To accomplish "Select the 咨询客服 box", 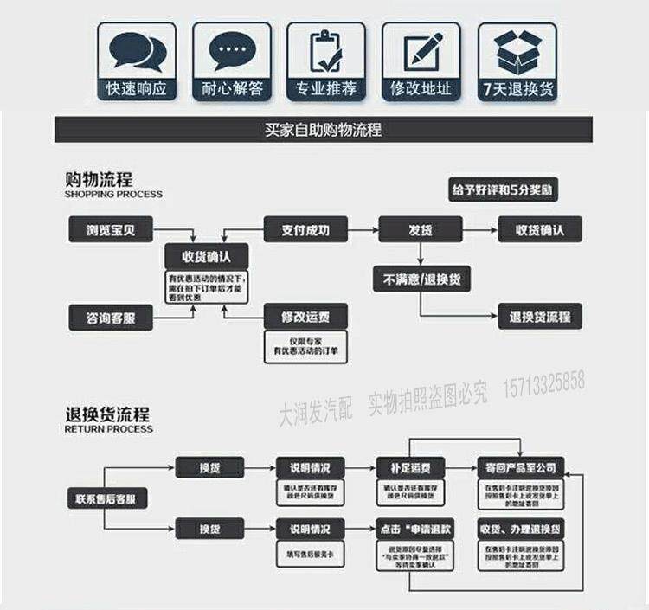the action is click(x=110, y=318).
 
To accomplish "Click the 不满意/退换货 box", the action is click(x=421, y=279).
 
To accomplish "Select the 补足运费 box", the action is click(x=410, y=467).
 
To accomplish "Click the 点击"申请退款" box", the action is click(x=410, y=529).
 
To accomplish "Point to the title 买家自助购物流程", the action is click(x=324, y=131).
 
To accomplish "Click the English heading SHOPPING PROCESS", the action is click(x=113, y=195).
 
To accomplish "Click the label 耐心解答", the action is click(x=231, y=88).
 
